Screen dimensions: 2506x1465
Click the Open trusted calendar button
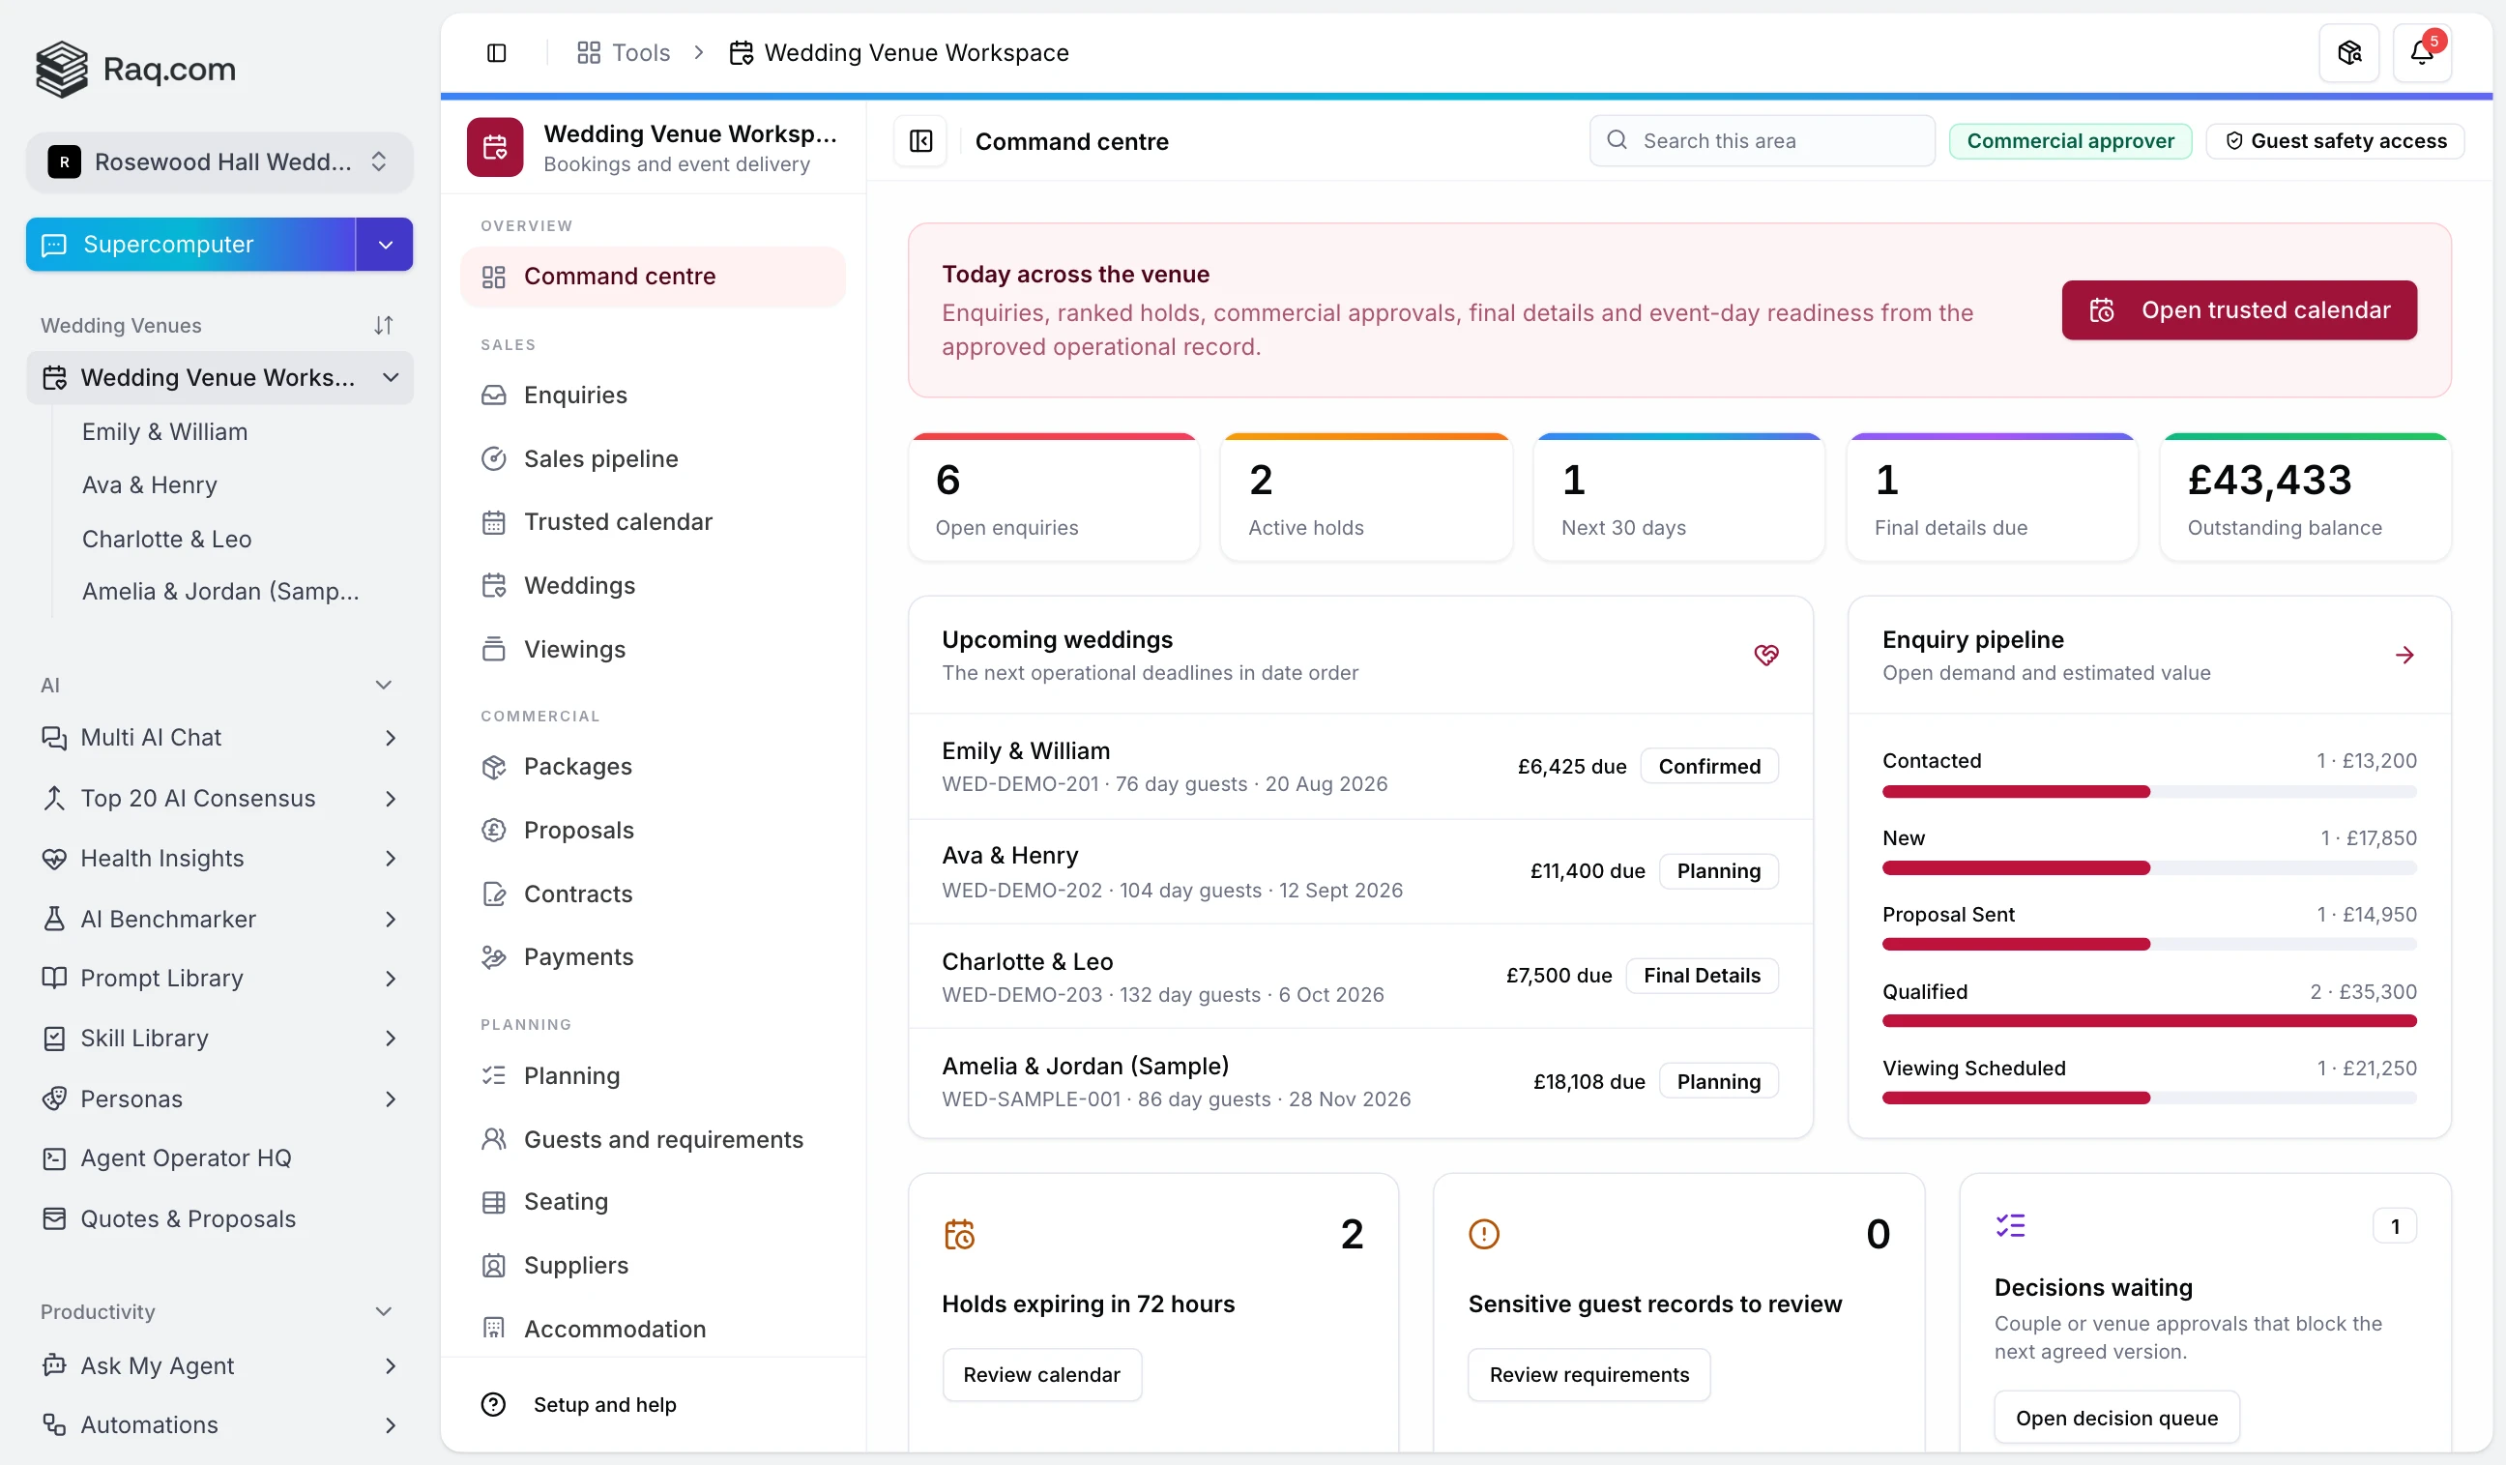pyautogui.click(x=2238, y=310)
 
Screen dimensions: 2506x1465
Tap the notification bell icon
pyautogui.click(x=2422, y=53)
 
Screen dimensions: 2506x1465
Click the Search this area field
pyautogui.click(x=1762, y=141)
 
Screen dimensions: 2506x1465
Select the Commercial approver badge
pyautogui.click(x=2069, y=141)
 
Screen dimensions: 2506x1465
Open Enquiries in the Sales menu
pyautogui.click(x=575, y=395)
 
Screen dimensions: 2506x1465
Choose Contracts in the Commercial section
pyautogui.click(x=578, y=894)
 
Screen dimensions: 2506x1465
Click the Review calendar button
pyautogui.click(x=1041, y=1374)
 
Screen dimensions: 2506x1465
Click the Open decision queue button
pyautogui.click(x=2116, y=1419)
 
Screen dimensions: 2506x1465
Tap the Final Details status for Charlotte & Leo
pyautogui.click(x=1702, y=976)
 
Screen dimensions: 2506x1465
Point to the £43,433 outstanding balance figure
pyautogui.click(x=2269, y=481)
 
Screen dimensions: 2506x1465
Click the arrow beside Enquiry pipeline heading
pyautogui.click(x=2404, y=655)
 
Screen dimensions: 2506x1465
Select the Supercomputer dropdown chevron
pyautogui.click(x=385, y=245)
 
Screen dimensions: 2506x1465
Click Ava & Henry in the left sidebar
pyautogui.click(x=149, y=485)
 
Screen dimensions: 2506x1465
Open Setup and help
pyautogui.click(x=603, y=1404)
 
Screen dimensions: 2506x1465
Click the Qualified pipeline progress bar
pyautogui.click(x=2149, y=1020)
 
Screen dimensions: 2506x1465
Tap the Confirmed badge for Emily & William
pyautogui.click(x=1708, y=766)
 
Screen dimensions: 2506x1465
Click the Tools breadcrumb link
pyautogui.click(x=624, y=53)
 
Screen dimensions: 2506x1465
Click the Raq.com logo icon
pyautogui.click(x=62, y=70)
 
